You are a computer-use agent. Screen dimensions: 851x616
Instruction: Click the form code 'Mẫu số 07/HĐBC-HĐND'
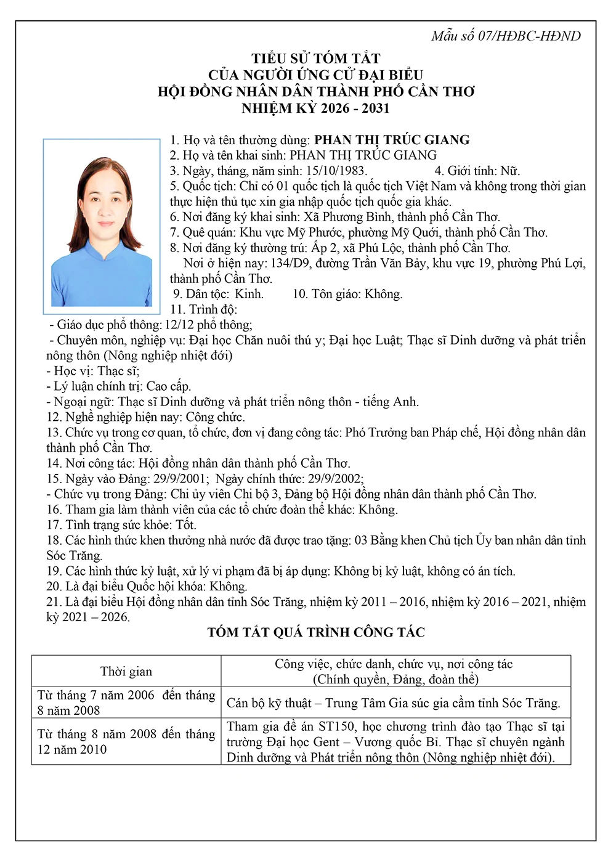click(506, 36)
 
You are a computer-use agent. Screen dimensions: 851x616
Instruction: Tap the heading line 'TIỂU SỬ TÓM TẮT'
click(316, 59)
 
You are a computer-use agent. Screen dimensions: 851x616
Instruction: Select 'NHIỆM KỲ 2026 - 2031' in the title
click(316, 108)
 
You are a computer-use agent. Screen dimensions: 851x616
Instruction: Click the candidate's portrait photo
click(102, 226)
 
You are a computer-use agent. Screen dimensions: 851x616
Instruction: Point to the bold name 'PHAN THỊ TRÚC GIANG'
click(392, 140)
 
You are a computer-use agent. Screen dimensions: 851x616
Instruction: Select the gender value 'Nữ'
click(509, 171)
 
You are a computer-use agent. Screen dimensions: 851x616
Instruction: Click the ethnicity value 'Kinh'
click(249, 294)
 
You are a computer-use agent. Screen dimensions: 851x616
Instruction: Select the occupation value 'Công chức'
click(215, 417)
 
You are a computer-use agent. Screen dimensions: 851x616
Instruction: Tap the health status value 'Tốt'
click(185, 525)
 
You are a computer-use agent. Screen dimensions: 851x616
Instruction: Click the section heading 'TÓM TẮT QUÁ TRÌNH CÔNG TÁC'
click(316, 632)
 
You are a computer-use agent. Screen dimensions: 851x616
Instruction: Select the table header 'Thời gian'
click(126, 672)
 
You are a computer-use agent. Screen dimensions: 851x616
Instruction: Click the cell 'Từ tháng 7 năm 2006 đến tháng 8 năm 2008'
click(126, 703)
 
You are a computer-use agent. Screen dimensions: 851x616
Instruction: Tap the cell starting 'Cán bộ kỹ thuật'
click(394, 703)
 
